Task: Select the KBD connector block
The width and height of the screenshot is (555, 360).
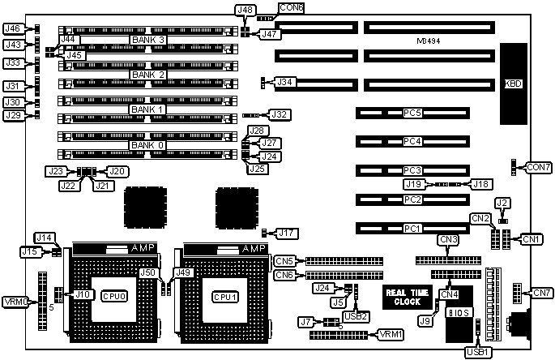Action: point(513,84)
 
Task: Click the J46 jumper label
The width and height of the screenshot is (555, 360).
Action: point(12,28)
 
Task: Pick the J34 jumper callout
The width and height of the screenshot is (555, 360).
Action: point(284,82)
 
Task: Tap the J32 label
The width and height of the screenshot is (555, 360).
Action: point(280,115)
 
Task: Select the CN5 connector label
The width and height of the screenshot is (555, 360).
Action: point(284,261)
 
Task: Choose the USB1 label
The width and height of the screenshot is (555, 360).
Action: point(476,351)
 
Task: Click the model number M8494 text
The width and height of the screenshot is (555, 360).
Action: point(429,40)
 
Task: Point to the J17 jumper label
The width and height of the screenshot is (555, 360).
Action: point(286,234)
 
